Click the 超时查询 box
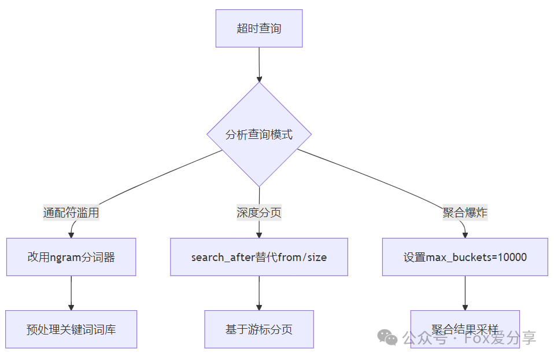(x=259, y=28)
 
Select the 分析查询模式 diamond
(x=259, y=135)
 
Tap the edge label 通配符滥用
(x=71, y=212)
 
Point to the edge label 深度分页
(x=259, y=212)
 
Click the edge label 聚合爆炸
(x=465, y=212)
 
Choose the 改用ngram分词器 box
(x=71, y=257)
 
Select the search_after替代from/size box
(x=259, y=257)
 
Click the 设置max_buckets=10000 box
(x=465, y=257)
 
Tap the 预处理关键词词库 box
(x=71, y=329)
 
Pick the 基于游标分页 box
(x=259, y=329)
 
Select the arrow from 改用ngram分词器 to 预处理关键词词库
(x=71, y=293)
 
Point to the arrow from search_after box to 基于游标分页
(x=259, y=293)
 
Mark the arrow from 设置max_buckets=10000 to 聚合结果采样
(x=465, y=293)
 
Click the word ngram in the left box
(x=65, y=258)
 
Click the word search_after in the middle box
(x=223, y=258)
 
